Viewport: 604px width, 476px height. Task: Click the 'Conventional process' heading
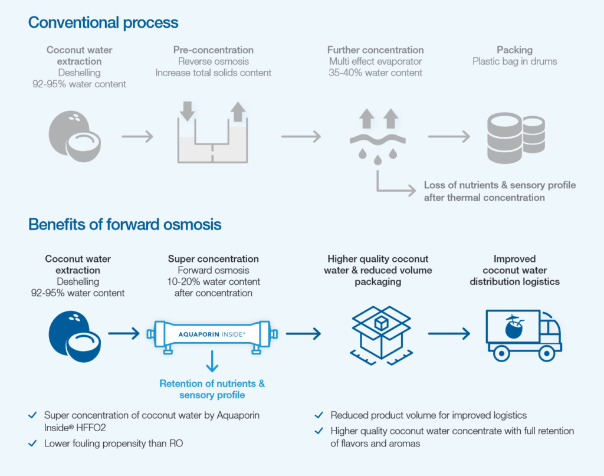click(103, 23)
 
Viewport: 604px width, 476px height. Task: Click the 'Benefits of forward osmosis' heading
click(125, 224)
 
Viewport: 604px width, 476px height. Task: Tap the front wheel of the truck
click(544, 353)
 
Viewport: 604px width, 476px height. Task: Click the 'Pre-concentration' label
click(214, 50)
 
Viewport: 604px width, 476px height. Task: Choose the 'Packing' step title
click(514, 50)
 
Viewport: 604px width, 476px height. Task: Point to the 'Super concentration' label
click(214, 259)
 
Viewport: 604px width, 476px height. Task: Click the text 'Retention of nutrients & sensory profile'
click(212, 389)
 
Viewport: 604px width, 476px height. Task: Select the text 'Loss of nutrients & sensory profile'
click(500, 185)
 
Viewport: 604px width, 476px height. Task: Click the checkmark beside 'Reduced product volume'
click(319, 415)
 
